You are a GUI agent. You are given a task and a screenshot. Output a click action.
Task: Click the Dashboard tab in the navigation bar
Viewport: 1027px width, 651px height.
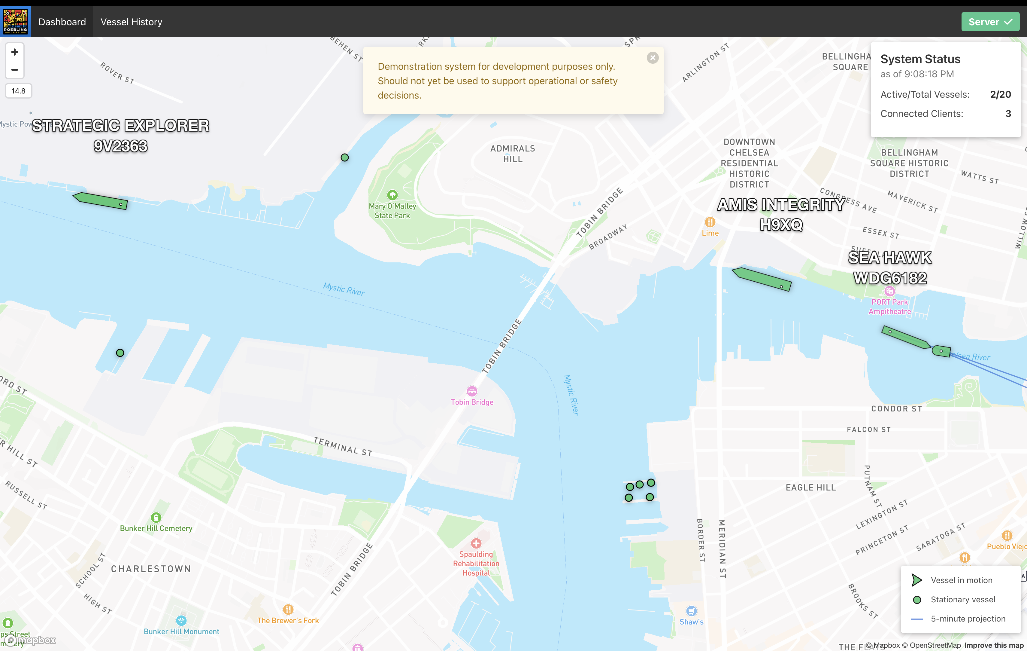[62, 22]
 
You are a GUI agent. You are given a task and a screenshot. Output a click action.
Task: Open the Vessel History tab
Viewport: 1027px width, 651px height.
[131, 22]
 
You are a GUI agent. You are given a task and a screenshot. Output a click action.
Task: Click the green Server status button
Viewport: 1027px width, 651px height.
[990, 22]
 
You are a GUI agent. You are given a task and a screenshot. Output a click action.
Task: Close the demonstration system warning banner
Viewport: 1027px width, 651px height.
[652, 58]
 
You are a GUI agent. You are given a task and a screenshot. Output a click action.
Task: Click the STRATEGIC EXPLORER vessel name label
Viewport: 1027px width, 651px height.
[121, 126]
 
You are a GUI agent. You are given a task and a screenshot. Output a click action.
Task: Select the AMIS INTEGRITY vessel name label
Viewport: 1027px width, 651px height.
[781, 205]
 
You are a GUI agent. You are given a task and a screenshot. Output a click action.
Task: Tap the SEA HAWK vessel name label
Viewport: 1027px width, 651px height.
[890, 258]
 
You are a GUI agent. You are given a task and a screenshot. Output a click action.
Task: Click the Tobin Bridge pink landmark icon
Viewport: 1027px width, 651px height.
[472, 391]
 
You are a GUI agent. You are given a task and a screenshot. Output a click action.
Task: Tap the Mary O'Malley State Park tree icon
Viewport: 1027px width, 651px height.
[392, 195]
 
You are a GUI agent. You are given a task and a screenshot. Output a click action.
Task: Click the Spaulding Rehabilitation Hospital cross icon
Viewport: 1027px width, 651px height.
[476, 543]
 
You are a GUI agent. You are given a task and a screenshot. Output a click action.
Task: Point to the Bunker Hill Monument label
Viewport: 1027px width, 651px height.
[181, 631]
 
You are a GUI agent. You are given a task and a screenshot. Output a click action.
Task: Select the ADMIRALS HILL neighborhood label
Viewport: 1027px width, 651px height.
[513, 154]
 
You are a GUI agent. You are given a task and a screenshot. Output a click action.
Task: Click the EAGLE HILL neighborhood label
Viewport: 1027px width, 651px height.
[810, 487]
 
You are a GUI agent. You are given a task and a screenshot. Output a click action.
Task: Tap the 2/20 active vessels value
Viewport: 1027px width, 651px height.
[1000, 94]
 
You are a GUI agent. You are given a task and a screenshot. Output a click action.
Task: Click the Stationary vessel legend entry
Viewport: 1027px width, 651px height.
[963, 599]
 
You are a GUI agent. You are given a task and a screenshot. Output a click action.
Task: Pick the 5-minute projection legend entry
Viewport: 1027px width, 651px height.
[968, 619]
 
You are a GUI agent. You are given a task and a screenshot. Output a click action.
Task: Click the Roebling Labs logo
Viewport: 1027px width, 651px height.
[15, 22]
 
